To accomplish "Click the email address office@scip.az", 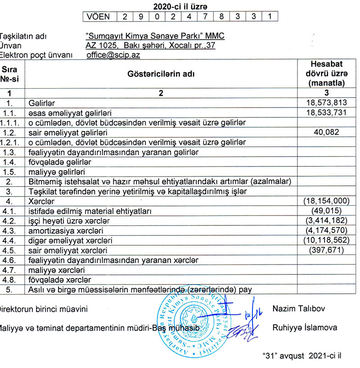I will coord(113,55).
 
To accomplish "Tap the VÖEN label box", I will coord(99,17).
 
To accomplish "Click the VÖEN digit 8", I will coord(220,17).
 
